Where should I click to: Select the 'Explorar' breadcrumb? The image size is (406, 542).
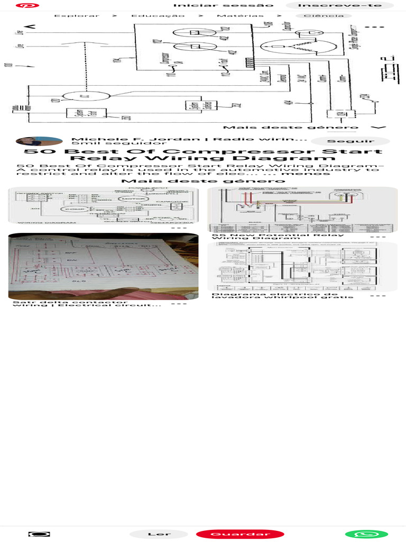(77, 16)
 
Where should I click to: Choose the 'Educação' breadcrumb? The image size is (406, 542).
(158, 16)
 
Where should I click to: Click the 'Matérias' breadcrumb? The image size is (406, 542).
(240, 16)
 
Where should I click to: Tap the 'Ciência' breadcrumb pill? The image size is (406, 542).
(320, 16)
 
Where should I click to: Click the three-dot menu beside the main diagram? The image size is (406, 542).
(374, 27)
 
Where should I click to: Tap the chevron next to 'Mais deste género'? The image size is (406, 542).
(376, 128)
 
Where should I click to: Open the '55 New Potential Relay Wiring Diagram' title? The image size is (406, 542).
(278, 237)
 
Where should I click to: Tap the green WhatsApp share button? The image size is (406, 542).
(366, 534)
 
